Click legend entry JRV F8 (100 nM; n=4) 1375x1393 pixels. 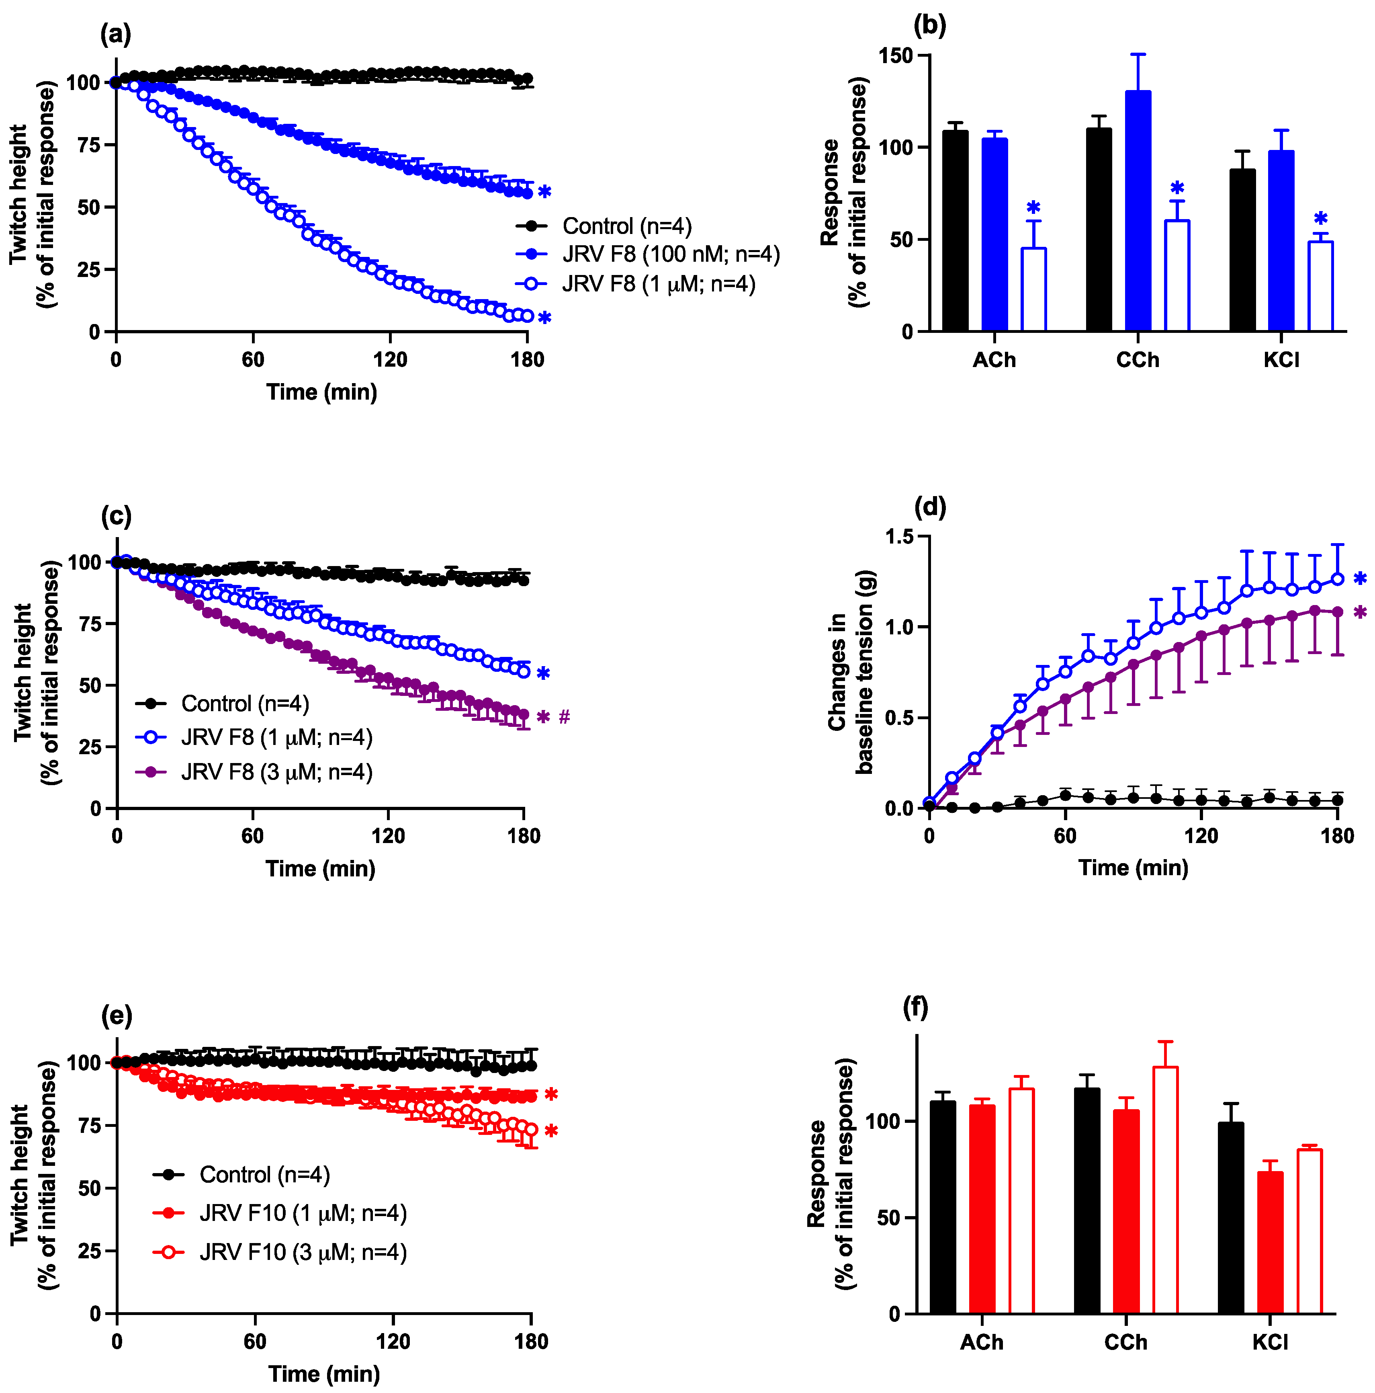(670, 254)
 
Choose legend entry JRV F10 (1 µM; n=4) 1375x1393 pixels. (303, 1213)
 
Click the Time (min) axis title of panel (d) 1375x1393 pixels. (1133, 868)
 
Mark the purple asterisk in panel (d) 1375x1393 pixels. (1360, 612)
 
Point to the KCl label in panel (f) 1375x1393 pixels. (1270, 1342)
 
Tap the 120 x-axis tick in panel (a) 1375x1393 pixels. (390, 359)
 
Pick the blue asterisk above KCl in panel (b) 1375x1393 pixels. (1320, 218)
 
